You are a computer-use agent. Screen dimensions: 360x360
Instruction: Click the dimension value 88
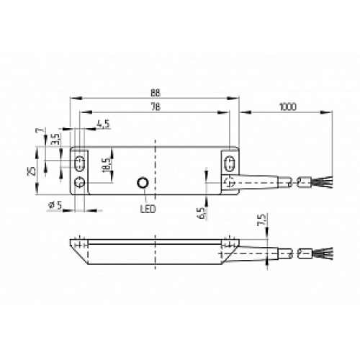(x=155, y=91)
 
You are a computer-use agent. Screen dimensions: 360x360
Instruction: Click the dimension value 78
(x=155, y=107)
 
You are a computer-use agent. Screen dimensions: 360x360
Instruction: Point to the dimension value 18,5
(x=105, y=164)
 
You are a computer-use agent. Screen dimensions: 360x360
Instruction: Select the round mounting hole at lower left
(x=79, y=182)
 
